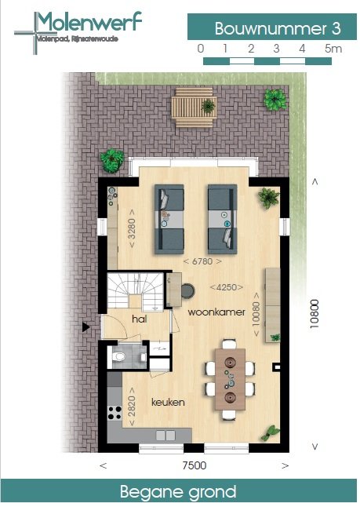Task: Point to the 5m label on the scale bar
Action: pyautogui.click(x=333, y=49)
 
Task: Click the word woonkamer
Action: pyautogui.click(x=212, y=312)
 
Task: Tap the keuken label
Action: pyautogui.click(x=168, y=402)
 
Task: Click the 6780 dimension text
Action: pyautogui.click(x=201, y=261)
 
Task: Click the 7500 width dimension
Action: pyautogui.click(x=193, y=465)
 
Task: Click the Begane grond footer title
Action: pyautogui.click(x=178, y=492)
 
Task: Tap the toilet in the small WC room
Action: pyautogui.click(x=120, y=358)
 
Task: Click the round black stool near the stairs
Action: pyautogui.click(x=188, y=291)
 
